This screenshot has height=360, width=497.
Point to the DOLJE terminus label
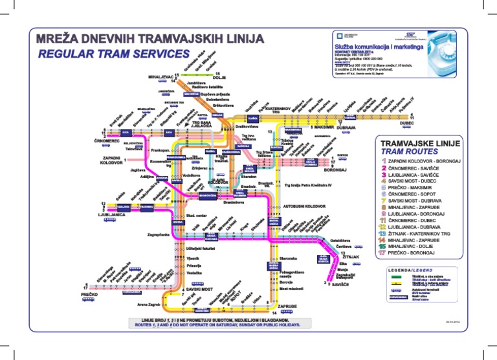[x=210, y=78]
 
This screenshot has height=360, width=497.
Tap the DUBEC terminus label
[x=407, y=122]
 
